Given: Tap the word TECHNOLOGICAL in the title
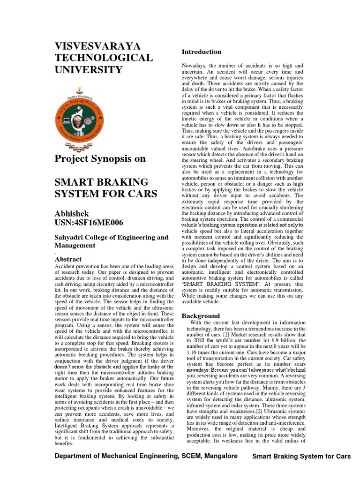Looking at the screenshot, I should click(x=104, y=58).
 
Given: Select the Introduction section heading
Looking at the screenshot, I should click(x=201, y=52).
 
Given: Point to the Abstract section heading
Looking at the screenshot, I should click(x=68, y=259).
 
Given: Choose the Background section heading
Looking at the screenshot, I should click(x=201, y=316).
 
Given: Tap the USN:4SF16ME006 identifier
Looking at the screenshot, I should click(x=89, y=223).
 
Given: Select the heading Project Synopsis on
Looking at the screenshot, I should click(x=100, y=159).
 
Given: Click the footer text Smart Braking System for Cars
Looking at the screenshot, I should click(x=301, y=457).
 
